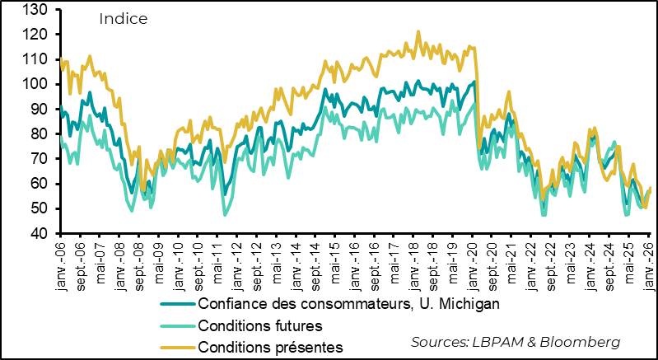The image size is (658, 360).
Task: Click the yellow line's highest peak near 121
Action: (418, 32)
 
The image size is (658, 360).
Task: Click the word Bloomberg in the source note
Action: (585, 340)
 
